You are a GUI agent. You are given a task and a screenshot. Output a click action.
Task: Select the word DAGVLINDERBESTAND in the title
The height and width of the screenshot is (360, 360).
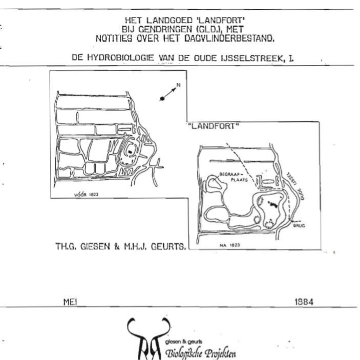pos(229,37)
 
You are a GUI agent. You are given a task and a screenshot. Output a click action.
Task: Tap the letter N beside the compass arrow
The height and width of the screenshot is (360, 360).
pos(179,86)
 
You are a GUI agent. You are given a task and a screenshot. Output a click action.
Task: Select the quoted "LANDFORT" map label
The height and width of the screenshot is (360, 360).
pos(215,126)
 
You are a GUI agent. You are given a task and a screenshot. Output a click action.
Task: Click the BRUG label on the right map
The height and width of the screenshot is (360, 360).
pos(298,224)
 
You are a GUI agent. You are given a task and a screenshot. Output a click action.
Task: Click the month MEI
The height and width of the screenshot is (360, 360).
pos(70,302)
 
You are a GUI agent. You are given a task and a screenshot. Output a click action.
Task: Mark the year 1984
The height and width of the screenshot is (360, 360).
pos(304,302)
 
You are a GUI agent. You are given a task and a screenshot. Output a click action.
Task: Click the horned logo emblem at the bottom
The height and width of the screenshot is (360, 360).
pos(149,340)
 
